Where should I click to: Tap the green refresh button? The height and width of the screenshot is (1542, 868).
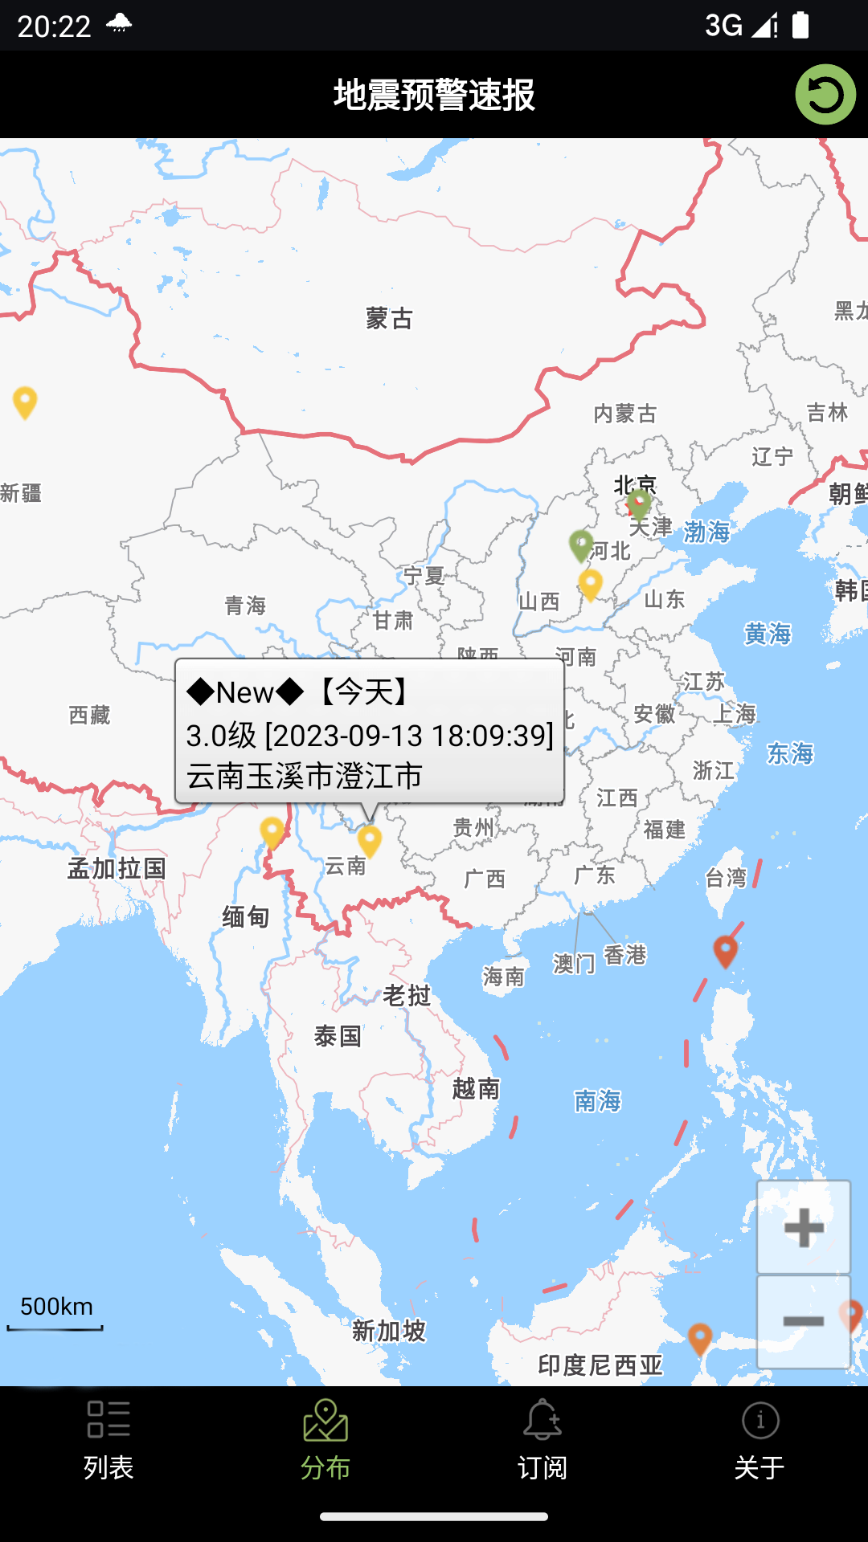coord(825,95)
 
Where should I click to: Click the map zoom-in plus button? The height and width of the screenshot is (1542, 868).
coord(803,1227)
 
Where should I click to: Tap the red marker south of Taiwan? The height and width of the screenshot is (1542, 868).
coord(725,950)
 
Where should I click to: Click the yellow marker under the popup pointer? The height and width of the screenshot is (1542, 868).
coord(370,840)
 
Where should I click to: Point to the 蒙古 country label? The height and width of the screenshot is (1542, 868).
coord(389,319)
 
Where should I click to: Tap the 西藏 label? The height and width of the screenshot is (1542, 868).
coord(89,715)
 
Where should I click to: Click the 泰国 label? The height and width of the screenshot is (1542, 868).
coord(338,1036)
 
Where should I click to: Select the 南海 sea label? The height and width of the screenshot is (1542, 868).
coord(597,1100)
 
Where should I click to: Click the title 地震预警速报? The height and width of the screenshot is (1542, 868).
coord(434,95)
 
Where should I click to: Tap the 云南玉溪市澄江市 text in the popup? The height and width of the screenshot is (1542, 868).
coord(305,777)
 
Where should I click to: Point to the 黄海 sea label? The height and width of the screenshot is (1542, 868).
coord(768,634)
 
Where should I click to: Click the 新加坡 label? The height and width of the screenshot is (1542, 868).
coord(389,1331)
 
